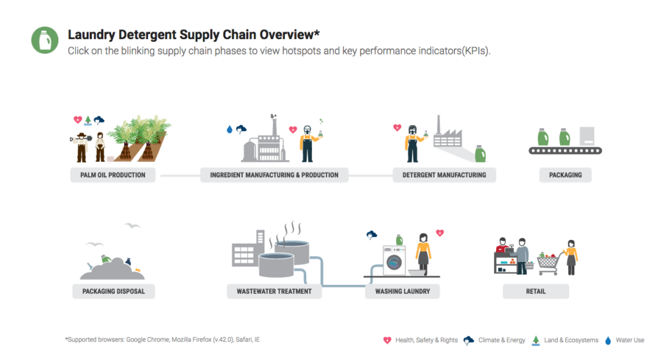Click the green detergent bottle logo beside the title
[x=45, y=40]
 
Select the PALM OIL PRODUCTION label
[x=113, y=175]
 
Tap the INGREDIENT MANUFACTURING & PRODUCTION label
[x=274, y=175]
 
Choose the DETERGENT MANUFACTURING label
[x=444, y=175]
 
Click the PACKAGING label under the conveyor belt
[x=565, y=175]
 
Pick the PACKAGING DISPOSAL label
[x=114, y=291]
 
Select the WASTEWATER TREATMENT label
[x=274, y=291]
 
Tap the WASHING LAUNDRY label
[x=402, y=291]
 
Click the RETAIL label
[x=536, y=291]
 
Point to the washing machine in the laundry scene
[x=394, y=261]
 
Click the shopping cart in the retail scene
[x=549, y=264]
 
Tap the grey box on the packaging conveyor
[x=587, y=136]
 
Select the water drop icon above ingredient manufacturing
[x=229, y=130]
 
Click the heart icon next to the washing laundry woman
[x=440, y=233]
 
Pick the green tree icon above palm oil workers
[x=88, y=121]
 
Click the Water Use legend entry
[x=625, y=340]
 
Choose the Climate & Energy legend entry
[x=495, y=340]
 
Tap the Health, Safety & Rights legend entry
[x=421, y=340]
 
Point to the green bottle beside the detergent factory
[x=480, y=154]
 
